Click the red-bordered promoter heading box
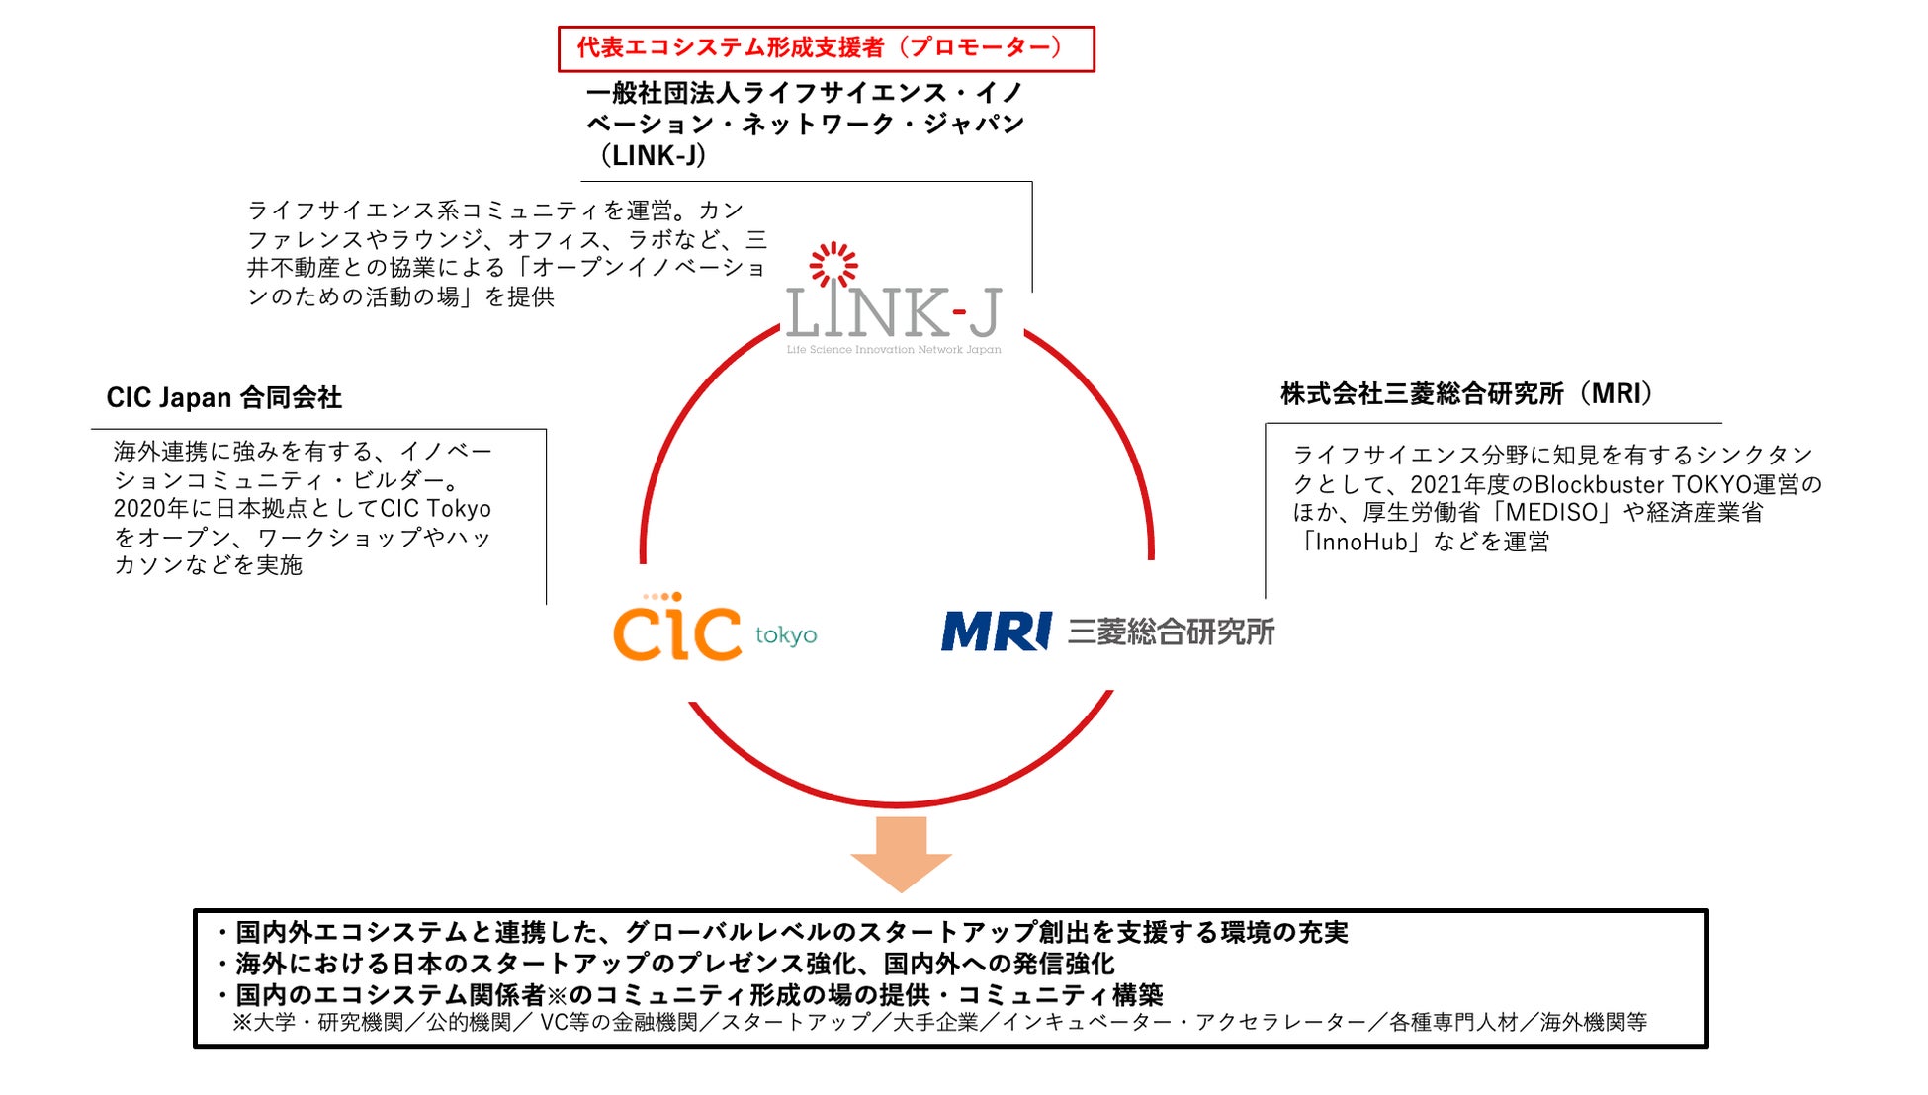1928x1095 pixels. coord(826,48)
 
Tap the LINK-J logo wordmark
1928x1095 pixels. coord(893,313)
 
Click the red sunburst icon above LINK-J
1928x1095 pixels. coord(833,265)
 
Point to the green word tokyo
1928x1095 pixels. coord(786,634)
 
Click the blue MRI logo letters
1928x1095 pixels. coord(996,632)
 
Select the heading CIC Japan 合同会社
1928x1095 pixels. coord(224,398)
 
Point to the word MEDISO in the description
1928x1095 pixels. coord(1551,513)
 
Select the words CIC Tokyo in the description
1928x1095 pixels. coord(436,509)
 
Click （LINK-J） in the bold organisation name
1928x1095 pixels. coord(653,156)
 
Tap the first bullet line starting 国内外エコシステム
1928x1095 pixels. coord(781,932)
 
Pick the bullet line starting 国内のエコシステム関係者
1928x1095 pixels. coord(689,994)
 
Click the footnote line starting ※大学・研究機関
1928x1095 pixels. coord(939,1023)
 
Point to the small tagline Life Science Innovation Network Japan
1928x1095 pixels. coord(894,350)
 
